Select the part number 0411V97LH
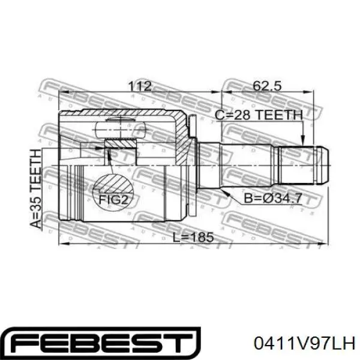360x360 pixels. coord(305,344)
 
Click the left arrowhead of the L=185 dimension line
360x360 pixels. coord(62,245)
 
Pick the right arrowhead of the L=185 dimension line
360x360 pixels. coord(327,245)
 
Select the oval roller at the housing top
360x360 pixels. coord(121,127)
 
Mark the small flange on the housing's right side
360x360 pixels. coord(191,129)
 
